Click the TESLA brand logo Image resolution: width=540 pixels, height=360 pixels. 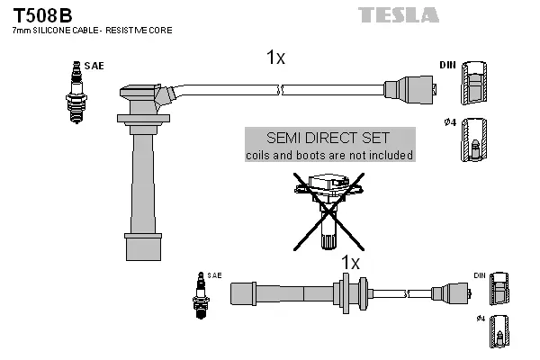(x=398, y=14)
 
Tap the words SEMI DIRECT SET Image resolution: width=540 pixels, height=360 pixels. (x=329, y=138)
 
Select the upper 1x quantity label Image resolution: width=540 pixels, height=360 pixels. (x=275, y=58)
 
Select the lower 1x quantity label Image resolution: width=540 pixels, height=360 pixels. (x=350, y=263)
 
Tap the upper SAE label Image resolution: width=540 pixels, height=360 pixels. (x=93, y=66)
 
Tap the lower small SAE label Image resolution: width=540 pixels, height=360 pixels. (x=214, y=274)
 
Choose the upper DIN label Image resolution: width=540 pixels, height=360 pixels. (x=447, y=66)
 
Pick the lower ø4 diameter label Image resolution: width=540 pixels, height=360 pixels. (x=480, y=319)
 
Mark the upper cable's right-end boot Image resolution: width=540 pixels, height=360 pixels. (x=415, y=90)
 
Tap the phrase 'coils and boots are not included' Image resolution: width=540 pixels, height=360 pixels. (x=329, y=155)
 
